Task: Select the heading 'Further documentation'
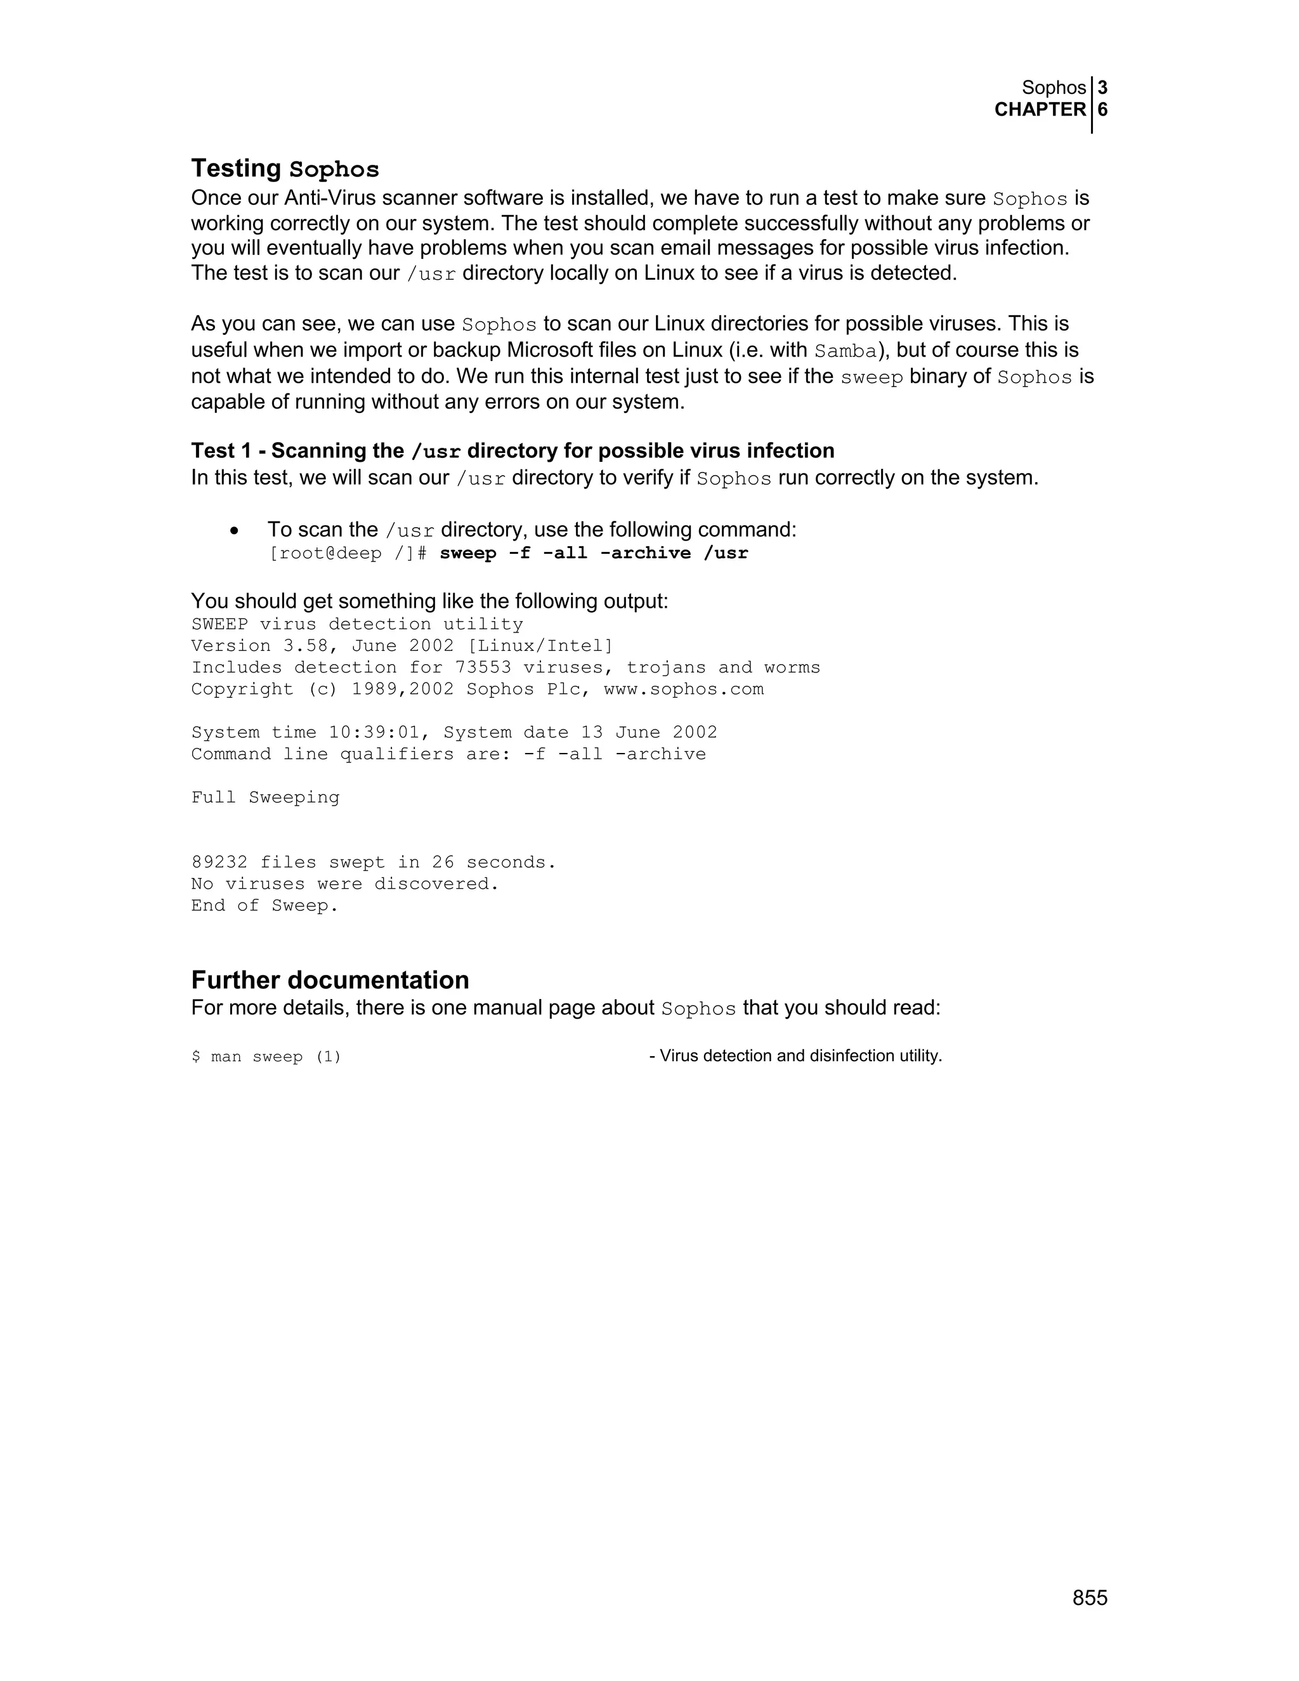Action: (329, 980)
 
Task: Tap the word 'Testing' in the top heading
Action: (236, 168)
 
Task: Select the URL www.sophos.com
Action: (683, 689)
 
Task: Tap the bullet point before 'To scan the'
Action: (234, 531)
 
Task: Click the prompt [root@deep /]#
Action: (347, 553)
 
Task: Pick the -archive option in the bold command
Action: (645, 553)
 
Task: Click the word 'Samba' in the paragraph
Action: (845, 351)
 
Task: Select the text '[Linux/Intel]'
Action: (540, 646)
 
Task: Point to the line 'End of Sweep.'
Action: (264, 905)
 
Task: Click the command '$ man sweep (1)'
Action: (266, 1057)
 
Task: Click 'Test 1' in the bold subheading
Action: (221, 450)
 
